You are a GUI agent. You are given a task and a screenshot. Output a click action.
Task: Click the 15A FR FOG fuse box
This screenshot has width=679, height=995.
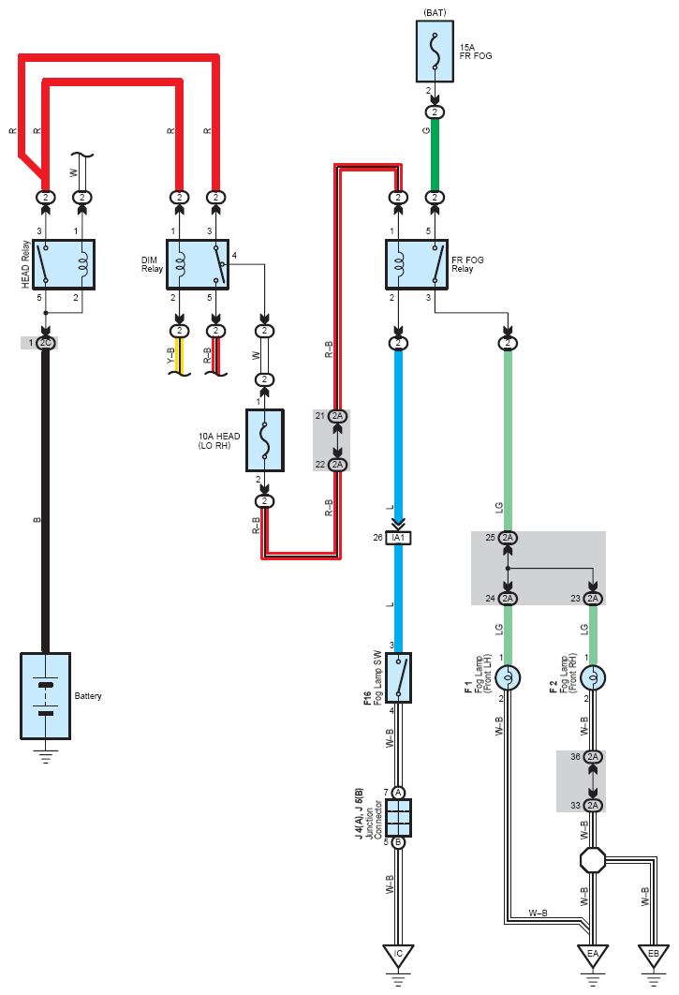[x=435, y=52]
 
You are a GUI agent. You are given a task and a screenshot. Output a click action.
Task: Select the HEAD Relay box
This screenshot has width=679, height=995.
[x=64, y=264]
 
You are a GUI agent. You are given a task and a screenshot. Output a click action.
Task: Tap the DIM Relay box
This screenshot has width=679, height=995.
[x=198, y=264]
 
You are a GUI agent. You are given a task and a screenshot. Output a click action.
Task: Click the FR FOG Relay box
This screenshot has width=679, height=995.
[x=416, y=264]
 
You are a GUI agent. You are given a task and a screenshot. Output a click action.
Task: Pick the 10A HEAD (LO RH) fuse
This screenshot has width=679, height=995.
[x=265, y=440]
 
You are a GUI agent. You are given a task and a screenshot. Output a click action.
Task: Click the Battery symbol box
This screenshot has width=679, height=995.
[x=45, y=696]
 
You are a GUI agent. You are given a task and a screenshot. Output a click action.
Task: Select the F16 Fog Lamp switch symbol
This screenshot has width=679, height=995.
[x=399, y=677]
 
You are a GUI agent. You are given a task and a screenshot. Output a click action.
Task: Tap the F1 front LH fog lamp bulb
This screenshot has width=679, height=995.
[x=508, y=677]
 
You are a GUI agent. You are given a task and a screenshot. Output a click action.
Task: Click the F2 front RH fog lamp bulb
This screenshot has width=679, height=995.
[x=593, y=677]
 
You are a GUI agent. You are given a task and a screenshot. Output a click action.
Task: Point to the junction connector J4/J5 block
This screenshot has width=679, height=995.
[x=399, y=817]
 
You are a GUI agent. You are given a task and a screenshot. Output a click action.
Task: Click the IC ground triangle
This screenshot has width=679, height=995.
[x=399, y=956]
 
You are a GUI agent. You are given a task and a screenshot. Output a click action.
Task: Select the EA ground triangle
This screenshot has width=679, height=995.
[x=593, y=956]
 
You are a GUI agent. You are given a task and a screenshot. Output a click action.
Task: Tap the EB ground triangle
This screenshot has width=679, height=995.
[x=654, y=956]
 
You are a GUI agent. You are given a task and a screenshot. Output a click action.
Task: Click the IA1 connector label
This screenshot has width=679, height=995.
[x=399, y=538]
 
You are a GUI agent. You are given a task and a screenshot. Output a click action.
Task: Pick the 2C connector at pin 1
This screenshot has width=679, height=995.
[x=46, y=343]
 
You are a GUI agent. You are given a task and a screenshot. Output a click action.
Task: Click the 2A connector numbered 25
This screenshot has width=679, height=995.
[x=508, y=538]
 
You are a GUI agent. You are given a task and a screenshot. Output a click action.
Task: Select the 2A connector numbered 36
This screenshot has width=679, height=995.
[x=593, y=756]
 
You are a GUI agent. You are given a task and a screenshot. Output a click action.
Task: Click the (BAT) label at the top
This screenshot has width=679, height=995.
[x=435, y=12]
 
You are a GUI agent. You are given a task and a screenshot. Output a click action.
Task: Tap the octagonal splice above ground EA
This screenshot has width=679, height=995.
[x=593, y=860]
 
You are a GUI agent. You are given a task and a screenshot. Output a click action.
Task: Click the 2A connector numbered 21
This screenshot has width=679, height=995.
[x=337, y=416]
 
